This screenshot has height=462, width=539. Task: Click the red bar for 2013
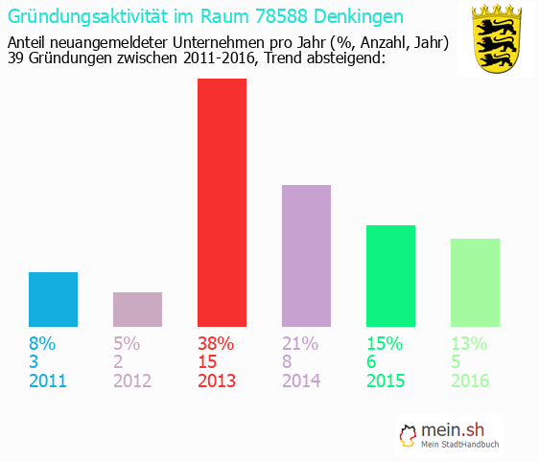222,202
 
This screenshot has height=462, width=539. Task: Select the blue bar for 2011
53,299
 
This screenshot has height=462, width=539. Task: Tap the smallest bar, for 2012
137,310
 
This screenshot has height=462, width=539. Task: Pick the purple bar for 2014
306,255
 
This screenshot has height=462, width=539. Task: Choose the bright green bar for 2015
390,276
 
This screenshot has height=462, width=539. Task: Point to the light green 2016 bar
475,283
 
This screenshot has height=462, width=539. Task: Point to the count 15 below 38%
208,362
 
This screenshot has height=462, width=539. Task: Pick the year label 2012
132,381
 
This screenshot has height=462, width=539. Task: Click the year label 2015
386,381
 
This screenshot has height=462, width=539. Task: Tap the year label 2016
470,381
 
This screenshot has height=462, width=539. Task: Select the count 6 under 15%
372,362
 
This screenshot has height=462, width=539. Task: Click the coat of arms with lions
497,39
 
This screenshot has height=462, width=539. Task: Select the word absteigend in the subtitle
343,58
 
